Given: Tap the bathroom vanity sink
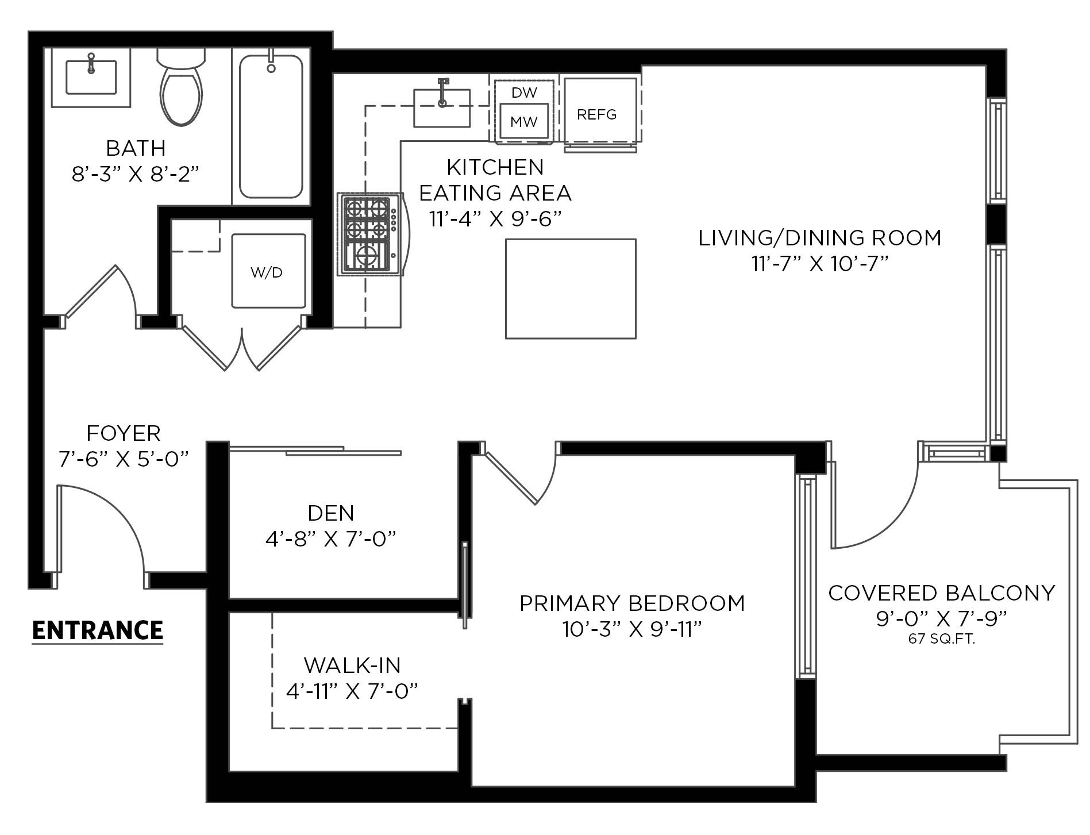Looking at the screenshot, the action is pos(91,77).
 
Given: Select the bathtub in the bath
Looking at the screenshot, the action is pos(271,126).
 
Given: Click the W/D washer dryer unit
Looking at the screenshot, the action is pos(269,271).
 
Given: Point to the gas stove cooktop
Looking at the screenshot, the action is pos(371,234).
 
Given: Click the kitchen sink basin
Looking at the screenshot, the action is pos(442,107).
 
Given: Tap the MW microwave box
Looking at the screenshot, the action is pos(523,121).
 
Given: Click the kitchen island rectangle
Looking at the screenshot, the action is pos(571,288).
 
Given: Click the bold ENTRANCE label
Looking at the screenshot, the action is pos(98,630).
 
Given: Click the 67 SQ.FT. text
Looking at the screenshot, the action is pos(942,638).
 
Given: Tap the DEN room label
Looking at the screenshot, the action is pos(331,513).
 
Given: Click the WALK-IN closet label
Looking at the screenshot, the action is pos(352,665).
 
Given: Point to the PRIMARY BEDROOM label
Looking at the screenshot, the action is pos(632,603).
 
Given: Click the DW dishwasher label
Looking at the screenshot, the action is pos(524,92).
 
